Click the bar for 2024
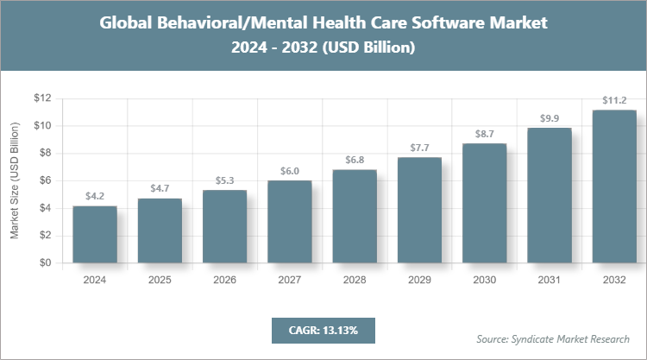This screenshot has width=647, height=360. pos(95,234)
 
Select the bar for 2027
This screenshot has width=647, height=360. pos(290,221)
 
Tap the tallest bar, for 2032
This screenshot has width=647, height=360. pos(614,186)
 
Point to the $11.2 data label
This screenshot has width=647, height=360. pos(614,99)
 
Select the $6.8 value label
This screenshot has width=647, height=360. pos(355,160)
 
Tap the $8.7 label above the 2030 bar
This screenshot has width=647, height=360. pos(484,134)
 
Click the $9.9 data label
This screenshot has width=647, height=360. pos(550,117)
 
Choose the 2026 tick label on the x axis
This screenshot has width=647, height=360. pos(224,280)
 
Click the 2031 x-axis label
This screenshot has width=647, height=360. pos(550,280)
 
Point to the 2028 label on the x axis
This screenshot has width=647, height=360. pos(355,280)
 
